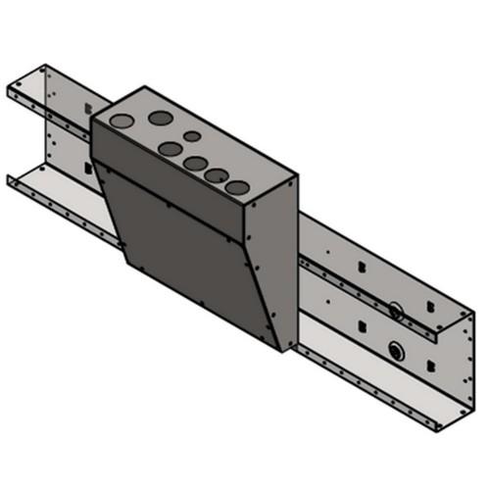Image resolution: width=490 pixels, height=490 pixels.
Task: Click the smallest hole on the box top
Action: pyautogui.click(x=193, y=136)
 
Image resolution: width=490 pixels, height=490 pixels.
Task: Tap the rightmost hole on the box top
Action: pyautogui.click(x=236, y=185)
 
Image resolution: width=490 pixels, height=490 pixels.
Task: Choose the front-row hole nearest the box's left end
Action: pyautogui.click(x=170, y=150)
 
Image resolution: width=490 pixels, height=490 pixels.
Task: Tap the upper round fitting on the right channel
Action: pyautogui.click(x=395, y=311)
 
